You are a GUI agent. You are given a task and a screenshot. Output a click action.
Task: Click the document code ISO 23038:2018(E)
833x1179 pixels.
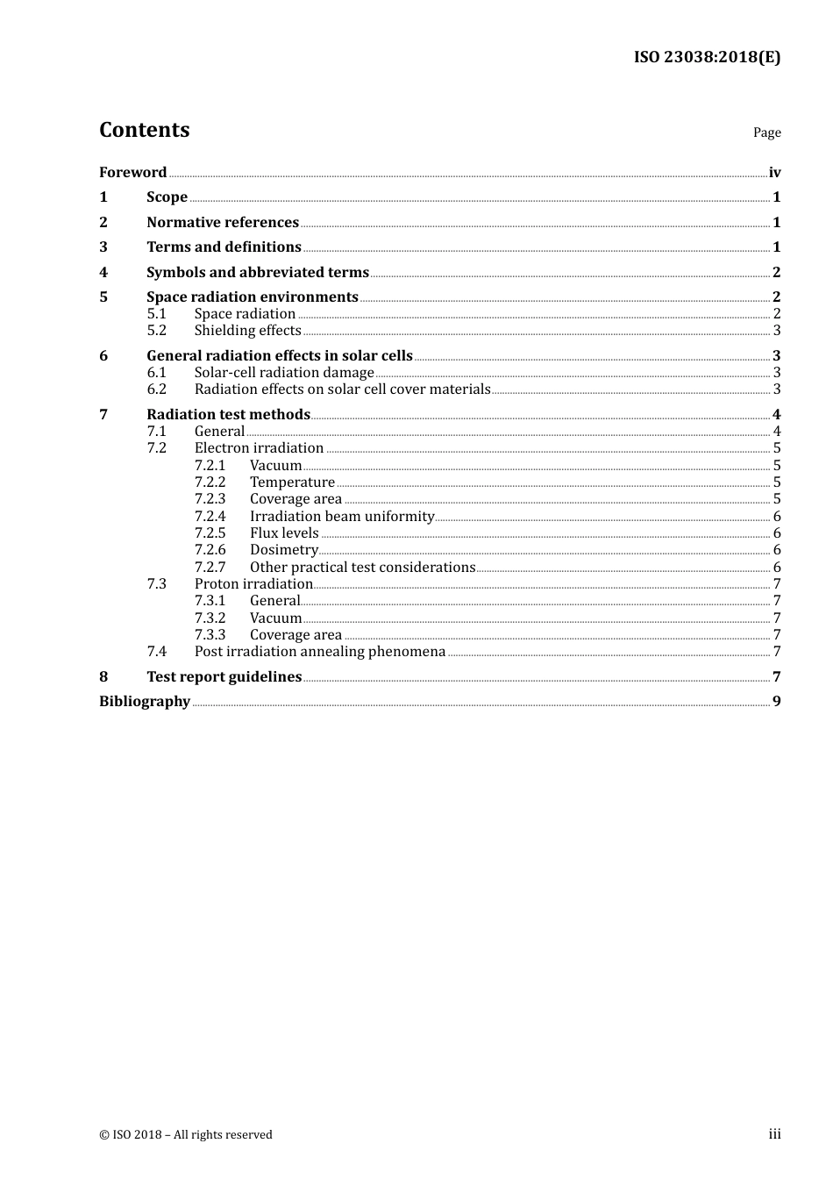(707, 57)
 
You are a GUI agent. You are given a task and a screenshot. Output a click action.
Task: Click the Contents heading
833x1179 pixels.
(144, 130)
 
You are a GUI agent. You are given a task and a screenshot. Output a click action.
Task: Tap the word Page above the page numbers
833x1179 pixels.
(766, 132)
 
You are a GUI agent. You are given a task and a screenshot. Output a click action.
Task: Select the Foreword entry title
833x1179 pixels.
(132, 172)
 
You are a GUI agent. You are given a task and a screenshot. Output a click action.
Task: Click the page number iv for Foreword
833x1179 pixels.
(774, 173)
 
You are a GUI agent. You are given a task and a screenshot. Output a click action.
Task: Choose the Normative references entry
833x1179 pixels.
(223, 222)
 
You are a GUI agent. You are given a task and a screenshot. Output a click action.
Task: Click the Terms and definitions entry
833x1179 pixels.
(224, 247)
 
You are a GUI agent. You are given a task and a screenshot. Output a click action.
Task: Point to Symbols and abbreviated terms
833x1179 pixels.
(258, 272)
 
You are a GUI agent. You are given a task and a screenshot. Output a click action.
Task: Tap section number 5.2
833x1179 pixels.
(156, 331)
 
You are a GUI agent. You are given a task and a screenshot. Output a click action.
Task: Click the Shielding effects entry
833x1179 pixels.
(247, 331)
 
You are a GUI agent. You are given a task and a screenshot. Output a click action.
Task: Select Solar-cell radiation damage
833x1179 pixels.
(284, 373)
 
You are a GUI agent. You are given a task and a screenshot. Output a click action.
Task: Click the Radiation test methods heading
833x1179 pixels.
(228, 414)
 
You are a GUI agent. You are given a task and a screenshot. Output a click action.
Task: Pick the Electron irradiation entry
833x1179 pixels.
(259, 448)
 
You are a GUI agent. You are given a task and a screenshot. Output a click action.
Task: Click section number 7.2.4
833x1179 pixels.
(210, 517)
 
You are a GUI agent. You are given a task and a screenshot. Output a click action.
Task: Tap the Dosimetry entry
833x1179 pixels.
(283, 550)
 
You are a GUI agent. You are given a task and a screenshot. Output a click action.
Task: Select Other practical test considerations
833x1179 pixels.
(362, 568)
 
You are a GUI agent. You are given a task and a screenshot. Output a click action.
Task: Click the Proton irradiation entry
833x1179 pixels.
(253, 584)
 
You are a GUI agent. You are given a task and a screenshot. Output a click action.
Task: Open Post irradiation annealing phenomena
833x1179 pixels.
(320, 652)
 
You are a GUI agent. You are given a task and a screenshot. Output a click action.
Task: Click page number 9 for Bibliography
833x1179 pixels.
(776, 702)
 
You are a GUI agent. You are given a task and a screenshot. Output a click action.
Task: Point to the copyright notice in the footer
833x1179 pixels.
(186, 1134)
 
